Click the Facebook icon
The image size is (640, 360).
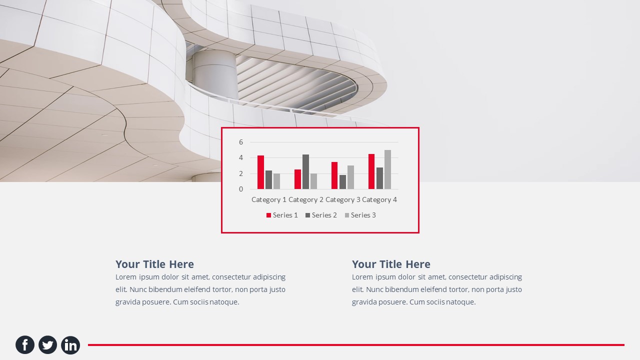25,345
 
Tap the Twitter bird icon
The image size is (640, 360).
47,345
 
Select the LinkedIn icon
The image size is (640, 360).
70,345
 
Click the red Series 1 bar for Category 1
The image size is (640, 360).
260,172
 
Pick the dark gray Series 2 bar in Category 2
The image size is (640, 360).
305,172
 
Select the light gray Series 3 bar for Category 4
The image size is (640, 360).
387,169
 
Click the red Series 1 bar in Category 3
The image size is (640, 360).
334,175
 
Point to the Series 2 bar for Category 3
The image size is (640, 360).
342,182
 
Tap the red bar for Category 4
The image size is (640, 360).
371,171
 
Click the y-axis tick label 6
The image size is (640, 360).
241,142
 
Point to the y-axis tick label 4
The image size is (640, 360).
241,157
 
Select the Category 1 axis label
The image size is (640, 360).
269,199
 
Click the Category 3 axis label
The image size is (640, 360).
343,199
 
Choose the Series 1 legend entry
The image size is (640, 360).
282,215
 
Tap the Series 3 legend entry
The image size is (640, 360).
360,215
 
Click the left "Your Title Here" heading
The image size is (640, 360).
154,264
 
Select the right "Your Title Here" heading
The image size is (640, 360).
391,264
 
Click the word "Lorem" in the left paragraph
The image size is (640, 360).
126,277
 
